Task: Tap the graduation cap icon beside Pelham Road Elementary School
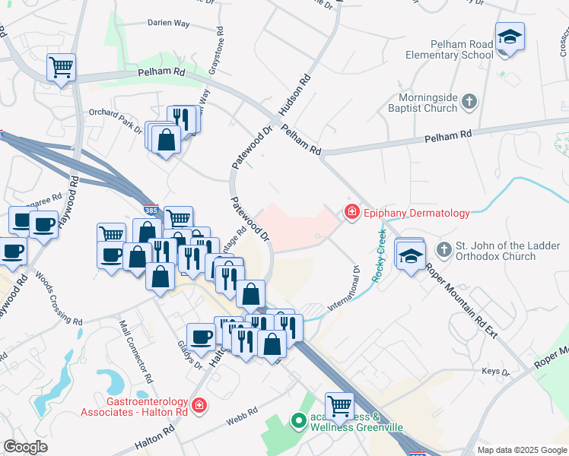(x=509, y=36)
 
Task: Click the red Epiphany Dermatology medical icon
(x=351, y=212)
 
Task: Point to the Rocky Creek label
(x=380, y=255)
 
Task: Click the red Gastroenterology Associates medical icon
(x=199, y=405)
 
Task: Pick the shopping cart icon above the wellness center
(x=339, y=405)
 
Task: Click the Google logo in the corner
(x=25, y=447)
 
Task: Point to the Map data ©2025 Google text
(x=521, y=450)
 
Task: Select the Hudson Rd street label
(x=296, y=94)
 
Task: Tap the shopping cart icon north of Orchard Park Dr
(x=61, y=67)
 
